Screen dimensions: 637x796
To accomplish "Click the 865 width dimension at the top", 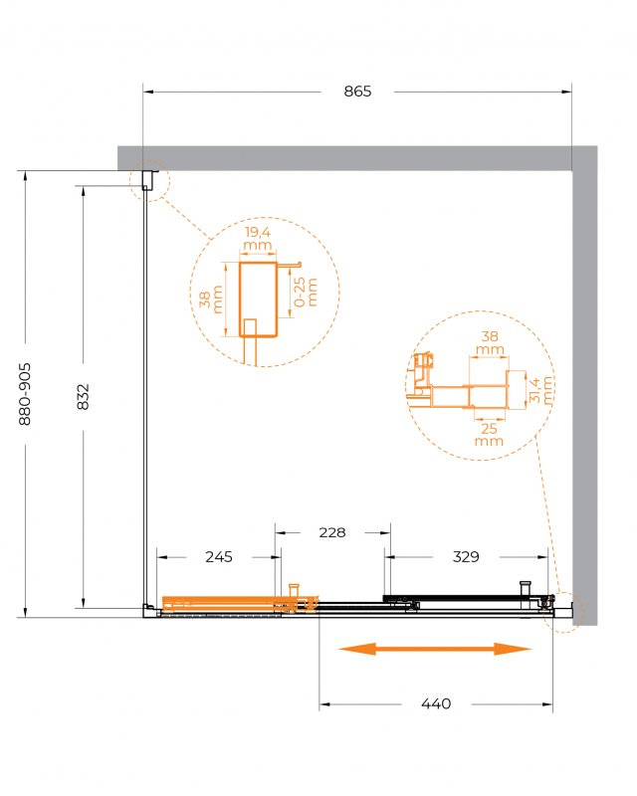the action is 357,92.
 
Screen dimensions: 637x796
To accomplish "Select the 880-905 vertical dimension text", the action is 25,394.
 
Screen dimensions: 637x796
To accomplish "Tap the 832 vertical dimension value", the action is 83,396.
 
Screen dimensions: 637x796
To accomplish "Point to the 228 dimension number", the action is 332,532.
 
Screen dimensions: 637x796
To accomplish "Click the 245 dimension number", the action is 219,557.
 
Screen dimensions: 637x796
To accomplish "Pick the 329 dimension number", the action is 466,557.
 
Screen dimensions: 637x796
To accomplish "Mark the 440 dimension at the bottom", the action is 436,703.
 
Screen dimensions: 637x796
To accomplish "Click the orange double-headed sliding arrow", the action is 435,649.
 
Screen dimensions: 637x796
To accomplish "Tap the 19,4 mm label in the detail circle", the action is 258,240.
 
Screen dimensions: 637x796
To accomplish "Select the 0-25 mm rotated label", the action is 306,292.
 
